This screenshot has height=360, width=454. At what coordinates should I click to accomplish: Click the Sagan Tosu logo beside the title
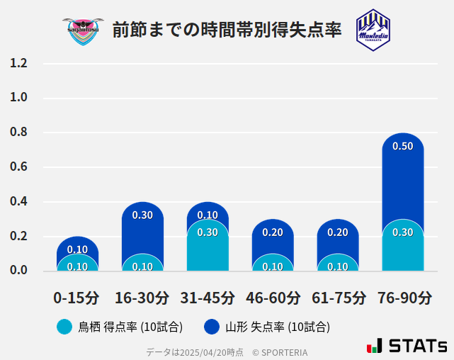(83, 30)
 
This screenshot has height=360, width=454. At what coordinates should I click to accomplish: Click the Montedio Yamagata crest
(373, 30)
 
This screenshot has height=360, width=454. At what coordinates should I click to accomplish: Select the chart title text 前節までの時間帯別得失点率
(227, 30)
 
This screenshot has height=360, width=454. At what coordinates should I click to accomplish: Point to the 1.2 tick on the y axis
(18, 63)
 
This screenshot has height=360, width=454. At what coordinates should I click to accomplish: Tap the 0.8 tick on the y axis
(18, 133)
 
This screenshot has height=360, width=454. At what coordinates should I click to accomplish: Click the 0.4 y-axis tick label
(18, 202)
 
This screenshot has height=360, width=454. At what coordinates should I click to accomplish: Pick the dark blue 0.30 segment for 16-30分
(142, 227)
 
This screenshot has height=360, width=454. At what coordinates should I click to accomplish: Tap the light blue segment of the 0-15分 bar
(77, 263)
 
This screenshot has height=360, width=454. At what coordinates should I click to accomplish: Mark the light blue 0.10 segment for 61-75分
(338, 263)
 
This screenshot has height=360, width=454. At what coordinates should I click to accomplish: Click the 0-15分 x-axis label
(76, 297)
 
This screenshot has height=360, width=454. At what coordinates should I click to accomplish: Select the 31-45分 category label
(208, 297)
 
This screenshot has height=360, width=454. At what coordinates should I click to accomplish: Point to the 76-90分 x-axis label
(404, 297)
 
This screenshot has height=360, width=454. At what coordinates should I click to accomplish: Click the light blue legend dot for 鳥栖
(64, 327)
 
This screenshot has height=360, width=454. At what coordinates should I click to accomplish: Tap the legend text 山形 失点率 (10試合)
(277, 327)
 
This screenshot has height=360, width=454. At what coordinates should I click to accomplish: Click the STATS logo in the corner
(407, 346)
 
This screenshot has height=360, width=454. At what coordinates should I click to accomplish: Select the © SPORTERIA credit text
(279, 351)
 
